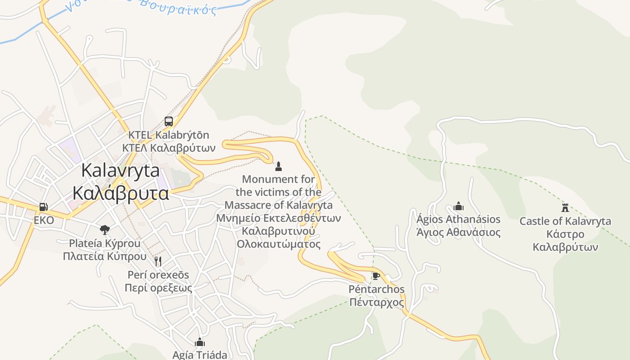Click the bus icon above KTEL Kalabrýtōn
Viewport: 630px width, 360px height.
pyautogui.click(x=169, y=121)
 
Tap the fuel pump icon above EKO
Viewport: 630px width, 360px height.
pyautogui.click(x=44, y=207)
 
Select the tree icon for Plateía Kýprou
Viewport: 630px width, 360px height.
pyautogui.click(x=105, y=230)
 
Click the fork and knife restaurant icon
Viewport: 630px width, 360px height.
pyautogui.click(x=158, y=261)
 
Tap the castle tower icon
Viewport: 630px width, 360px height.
pyautogui.click(x=565, y=207)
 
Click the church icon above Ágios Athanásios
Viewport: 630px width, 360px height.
pyautogui.click(x=459, y=207)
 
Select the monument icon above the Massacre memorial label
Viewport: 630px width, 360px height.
pyautogui.click(x=279, y=166)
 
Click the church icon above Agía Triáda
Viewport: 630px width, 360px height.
pyautogui.click(x=200, y=342)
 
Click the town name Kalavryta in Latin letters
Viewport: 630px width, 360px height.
pyautogui.click(x=121, y=171)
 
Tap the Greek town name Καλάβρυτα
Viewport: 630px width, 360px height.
pyautogui.click(x=121, y=193)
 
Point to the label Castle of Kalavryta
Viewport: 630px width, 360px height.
pyautogui.click(x=565, y=221)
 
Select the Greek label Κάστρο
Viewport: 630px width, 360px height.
pyautogui.click(x=565, y=234)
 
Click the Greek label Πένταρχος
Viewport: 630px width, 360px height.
pyautogui.click(x=377, y=302)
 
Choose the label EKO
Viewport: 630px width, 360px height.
pyautogui.click(x=44, y=220)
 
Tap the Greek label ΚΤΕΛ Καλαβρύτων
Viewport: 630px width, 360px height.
pyautogui.click(x=169, y=148)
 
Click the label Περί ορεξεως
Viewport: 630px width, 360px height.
pyautogui.click(x=158, y=288)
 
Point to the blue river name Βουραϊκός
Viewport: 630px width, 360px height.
pyautogui.click(x=178, y=7)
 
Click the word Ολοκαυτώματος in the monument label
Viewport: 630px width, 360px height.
pyautogui.click(x=279, y=244)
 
